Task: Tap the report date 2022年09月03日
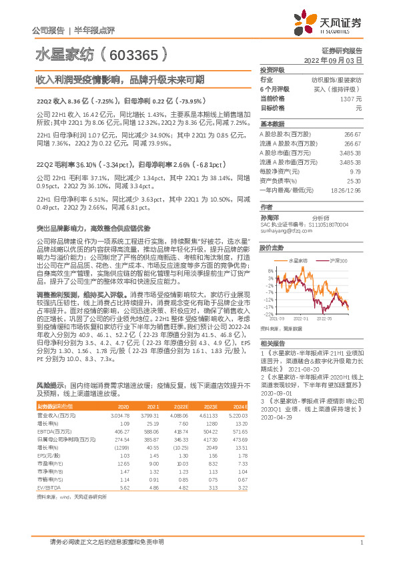point(340,59)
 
